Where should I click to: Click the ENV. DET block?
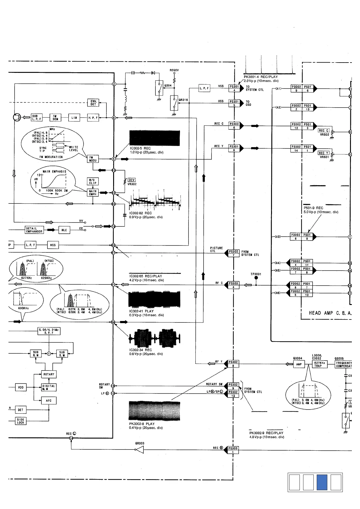tap(93, 103)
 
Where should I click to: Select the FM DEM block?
tap(55, 118)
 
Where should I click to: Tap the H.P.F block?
tap(93, 118)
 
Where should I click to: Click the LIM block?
tap(74, 118)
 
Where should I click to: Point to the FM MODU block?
tap(93, 159)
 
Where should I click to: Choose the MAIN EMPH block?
tap(93, 193)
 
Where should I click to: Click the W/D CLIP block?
tap(93, 181)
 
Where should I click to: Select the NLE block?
tap(64, 230)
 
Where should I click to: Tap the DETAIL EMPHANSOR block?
tap(34, 230)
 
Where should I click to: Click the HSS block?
tap(53, 245)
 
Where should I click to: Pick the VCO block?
tap(21, 387)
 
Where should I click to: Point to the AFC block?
tap(49, 401)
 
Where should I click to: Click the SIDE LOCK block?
tap(21, 421)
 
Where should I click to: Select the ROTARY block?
tap(49, 374)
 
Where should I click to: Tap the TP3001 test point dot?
tap(256, 278)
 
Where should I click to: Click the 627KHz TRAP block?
tap(320, 364)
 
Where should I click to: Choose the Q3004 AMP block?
tap(299, 364)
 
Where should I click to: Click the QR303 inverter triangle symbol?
tap(139, 450)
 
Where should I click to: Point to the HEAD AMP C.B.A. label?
tap(330, 313)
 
